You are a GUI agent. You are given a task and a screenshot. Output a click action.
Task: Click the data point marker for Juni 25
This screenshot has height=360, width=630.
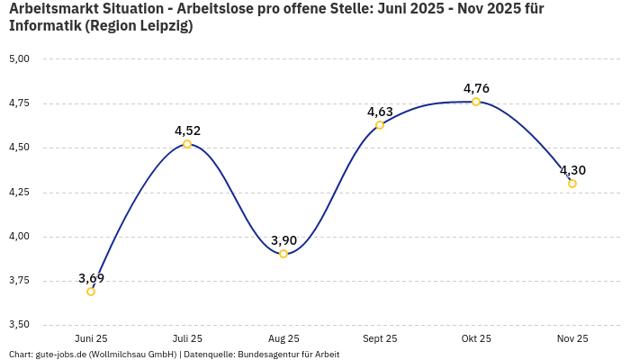91,292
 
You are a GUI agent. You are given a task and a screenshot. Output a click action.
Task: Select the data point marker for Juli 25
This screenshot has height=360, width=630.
187,144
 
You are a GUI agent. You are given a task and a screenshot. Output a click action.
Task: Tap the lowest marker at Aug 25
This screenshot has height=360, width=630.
283,254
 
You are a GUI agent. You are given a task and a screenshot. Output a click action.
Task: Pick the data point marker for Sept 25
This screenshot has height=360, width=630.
380,125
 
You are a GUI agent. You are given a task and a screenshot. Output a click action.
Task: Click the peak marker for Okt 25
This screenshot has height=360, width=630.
476,102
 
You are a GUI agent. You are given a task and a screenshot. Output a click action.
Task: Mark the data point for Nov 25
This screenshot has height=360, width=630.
572,184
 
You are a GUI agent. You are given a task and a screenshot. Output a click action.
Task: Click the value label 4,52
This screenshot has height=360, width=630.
187,130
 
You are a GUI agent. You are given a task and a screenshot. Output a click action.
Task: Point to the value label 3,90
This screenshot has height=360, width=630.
283,240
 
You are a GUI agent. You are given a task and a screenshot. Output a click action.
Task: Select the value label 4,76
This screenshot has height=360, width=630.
476,88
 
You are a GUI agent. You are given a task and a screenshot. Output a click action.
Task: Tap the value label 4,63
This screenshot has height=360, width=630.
380,112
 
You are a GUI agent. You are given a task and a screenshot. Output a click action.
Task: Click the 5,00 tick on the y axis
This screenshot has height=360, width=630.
19,59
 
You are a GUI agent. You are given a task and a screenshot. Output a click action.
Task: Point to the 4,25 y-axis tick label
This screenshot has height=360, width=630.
19,193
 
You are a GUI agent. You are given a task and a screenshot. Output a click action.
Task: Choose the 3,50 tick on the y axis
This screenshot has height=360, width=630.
19,325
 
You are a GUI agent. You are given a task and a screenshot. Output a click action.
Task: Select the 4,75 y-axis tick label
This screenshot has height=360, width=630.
19,103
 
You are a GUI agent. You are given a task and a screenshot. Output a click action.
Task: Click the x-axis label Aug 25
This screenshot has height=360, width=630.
283,339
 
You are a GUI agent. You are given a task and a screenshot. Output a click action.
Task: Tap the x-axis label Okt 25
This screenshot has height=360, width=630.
476,339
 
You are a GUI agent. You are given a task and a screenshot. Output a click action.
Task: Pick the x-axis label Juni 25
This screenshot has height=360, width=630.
91,339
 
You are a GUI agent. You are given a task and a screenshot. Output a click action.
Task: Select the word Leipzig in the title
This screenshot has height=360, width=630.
160,26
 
